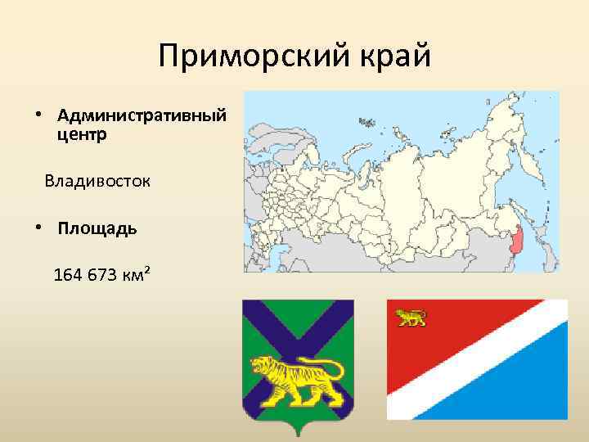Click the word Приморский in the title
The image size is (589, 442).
(243, 56)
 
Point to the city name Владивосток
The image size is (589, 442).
(97, 180)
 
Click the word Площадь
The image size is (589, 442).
(97, 228)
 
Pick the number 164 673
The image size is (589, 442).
(84, 274)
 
